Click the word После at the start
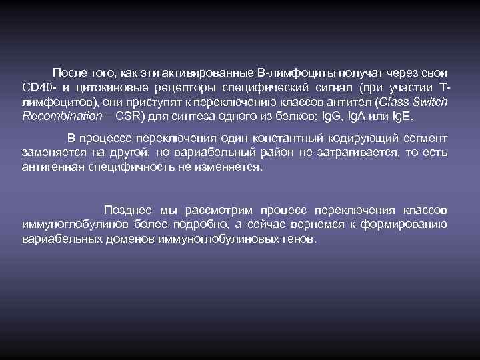click(69, 72)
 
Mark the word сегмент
click(424, 139)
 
